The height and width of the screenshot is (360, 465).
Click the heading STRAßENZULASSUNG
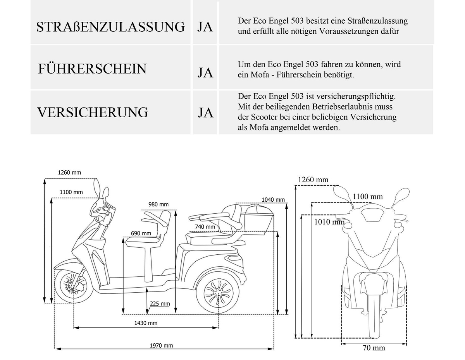110,27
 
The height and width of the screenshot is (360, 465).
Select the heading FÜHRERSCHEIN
92,69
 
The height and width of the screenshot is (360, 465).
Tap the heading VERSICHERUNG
93,112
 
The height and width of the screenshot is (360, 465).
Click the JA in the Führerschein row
205,73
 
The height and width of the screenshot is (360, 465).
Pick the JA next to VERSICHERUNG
205,113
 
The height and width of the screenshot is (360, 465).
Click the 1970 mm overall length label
162,345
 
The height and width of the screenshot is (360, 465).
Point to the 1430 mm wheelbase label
146,323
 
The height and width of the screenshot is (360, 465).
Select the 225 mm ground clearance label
160,304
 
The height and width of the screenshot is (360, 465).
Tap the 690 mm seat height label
141,233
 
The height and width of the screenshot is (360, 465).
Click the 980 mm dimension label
158,204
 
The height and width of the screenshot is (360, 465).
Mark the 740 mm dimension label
205,227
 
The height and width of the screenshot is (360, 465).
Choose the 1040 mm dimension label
273,200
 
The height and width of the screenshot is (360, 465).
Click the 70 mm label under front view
374,348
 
